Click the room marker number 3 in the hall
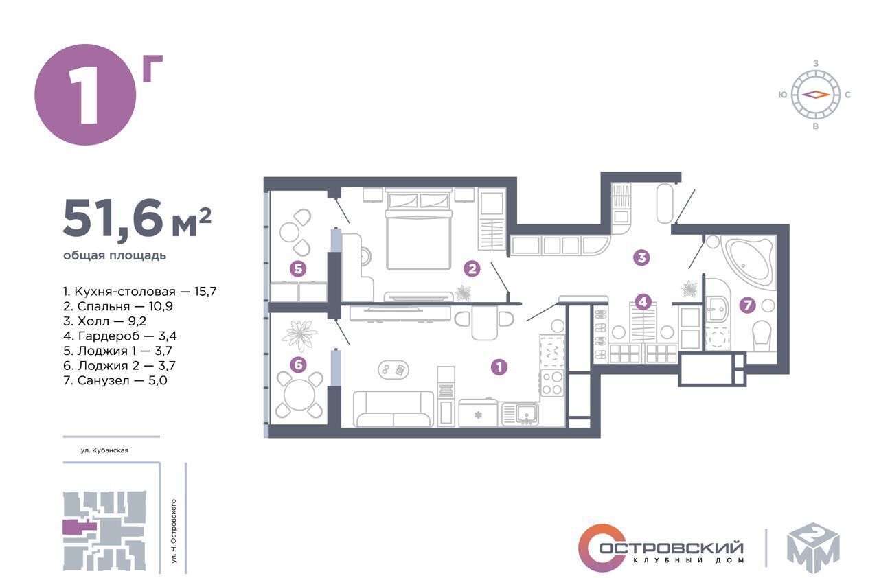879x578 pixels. [641, 257]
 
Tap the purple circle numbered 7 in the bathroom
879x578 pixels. [747, 305]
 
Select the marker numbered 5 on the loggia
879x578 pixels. [298, 269]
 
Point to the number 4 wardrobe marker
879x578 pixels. [643, 302]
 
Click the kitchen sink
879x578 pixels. [520, 414]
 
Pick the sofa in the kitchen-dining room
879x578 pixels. [393, 408]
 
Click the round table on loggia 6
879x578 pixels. [299, 395]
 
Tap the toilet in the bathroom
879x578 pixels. [762, 336]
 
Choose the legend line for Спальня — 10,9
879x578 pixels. [117, 306]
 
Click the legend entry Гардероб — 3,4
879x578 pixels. [120, 336]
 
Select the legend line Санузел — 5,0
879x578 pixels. [115, 380]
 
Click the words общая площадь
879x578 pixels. [115, 255]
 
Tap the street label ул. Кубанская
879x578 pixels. [104, 450]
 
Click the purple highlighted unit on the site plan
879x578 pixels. [79, 527]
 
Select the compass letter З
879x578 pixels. [815, 63]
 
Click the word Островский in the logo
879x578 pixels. [672, 547]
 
